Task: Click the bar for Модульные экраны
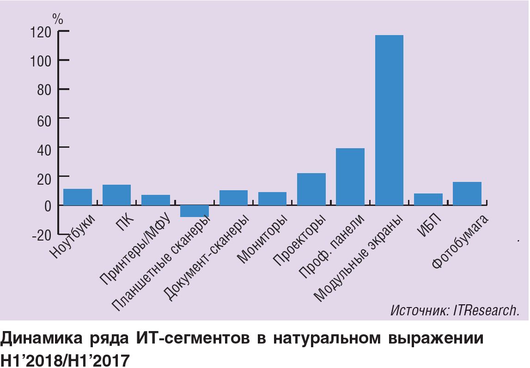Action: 389,120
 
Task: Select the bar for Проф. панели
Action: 350,176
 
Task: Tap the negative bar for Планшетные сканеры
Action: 195,211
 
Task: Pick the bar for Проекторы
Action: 311,189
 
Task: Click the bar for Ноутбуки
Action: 78,197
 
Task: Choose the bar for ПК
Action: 116,195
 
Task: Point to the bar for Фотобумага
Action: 467,193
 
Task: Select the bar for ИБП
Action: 428,199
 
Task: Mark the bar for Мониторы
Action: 272,199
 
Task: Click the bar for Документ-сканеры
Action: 233,198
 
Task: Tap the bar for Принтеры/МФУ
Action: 156,200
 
